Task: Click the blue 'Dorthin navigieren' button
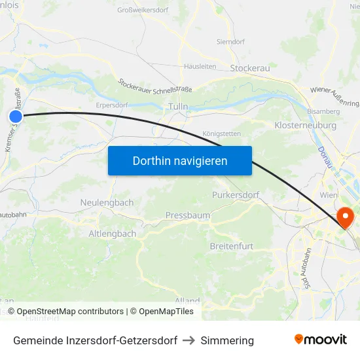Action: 180,160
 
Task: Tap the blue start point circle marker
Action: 16,116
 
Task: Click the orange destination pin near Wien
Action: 344,217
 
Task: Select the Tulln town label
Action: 178,106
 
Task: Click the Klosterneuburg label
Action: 306,125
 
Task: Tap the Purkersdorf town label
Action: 236,195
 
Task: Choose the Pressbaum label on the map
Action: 188,215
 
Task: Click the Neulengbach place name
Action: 107,203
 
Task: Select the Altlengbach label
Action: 113,233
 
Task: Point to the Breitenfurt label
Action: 232,246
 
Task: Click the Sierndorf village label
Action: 231,41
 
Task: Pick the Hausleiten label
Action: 200,66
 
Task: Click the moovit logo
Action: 321,339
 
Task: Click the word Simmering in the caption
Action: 227,340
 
